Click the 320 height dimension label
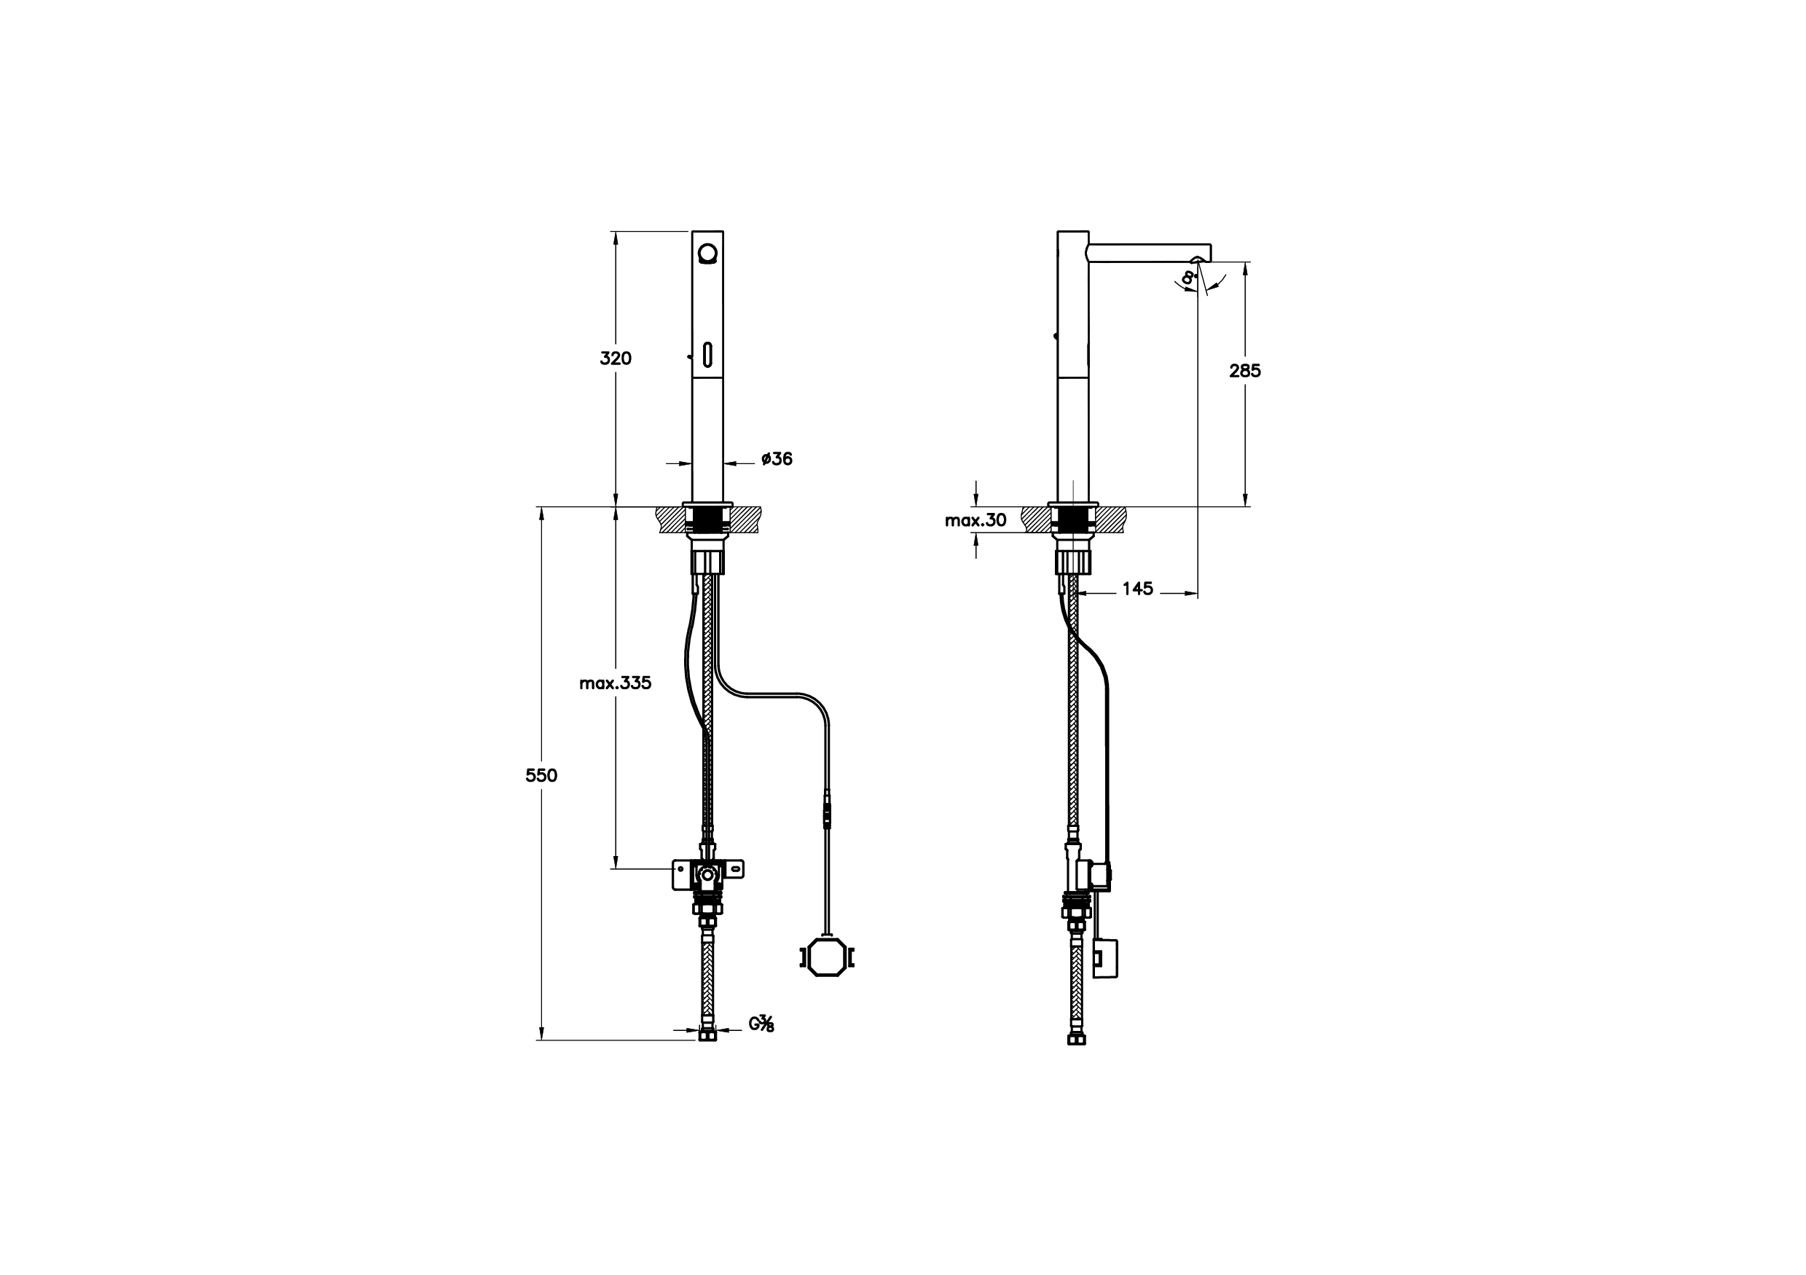[615, 358]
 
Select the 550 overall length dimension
[541, 775]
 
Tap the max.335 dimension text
[615, 683]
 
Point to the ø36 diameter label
[777, 458]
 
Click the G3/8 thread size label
[761, 1024]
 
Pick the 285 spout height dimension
[1244, 370]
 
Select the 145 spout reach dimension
[1137, 589]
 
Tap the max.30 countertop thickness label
[975, 520]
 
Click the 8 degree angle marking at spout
[1187, 277]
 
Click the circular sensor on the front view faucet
[707, 254]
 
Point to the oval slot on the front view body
[707, 355]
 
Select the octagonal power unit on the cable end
[826, 957]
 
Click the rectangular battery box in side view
[1104, 958]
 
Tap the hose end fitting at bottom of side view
[1077, 1038]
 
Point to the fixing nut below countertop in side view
[1073, 562]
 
